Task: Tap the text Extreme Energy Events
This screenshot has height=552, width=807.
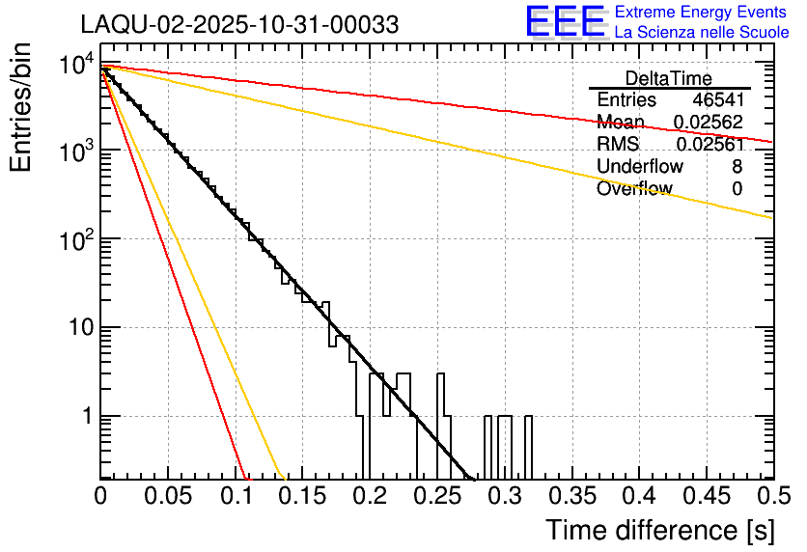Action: [x=702, y=13]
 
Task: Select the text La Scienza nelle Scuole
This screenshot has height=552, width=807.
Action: [x=702, y=32]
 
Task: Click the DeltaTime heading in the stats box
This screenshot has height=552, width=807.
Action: [x=669, y=78]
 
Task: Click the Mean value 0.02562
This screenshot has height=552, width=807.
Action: [x=709, y=123]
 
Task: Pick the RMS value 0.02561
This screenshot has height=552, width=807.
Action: [x=709, y=145]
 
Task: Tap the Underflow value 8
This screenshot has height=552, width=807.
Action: [x=737, y=167]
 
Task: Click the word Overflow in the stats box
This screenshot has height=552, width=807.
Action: [x=634, y=189]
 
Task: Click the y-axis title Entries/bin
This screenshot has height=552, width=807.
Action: [x=22, y=108]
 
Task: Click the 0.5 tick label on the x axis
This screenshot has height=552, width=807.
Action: [x=762, y=497]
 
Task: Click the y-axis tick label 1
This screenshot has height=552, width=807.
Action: [x=84, y=417]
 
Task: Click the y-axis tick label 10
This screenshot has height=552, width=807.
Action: [x=76, y=328]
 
